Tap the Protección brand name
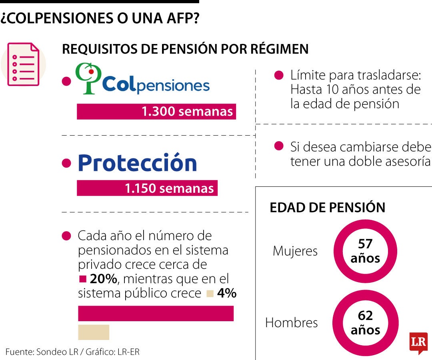click(137, 163)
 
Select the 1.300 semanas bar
click(156, 112)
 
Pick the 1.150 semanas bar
click(147, 188)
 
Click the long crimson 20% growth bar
click(156, 313)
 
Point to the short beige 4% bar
click(94, 332)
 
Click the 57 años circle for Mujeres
click(365, 251)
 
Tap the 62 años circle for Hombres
click(365, 322)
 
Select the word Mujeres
click(295, 251)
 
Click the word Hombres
click(291, 322)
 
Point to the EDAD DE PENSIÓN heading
click(327, 208)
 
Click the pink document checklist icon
click(24, 64)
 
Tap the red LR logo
click(418, 342)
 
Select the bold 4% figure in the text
click(227, 293)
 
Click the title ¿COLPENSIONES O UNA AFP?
click(100, 18)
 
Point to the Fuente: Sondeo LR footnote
click(72, 352)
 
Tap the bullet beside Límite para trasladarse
click(279, 75)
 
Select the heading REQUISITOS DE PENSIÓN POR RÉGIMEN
click(185, 49)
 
